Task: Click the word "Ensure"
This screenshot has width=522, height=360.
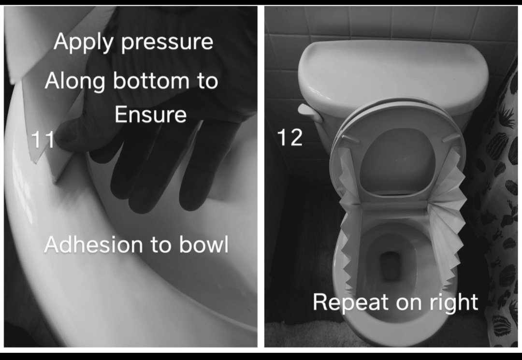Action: (150, 115)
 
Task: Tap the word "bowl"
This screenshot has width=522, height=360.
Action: (204, 245)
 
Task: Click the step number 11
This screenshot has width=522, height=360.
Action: (42, 139)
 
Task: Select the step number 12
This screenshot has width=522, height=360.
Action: (290, 138)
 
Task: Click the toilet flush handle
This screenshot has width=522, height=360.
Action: (310, 113)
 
